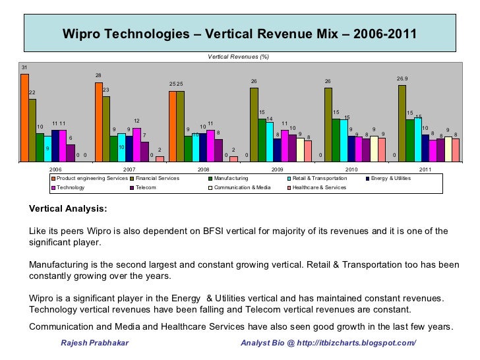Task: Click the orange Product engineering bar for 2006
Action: (x=24, y=117)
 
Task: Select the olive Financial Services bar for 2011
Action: (x=402, y=123)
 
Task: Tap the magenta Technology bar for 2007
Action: (x=136, y=144)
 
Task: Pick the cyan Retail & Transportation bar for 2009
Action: (x=270, y=141)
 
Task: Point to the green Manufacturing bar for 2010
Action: (x=336, y=140)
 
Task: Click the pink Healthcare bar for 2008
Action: (x=233, y=158)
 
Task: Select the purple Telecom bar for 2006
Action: (x=71, y=152)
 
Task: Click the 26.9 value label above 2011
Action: (x=402, y=79)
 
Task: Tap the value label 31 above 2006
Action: (x=24, y=68)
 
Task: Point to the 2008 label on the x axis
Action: (x=203, y=169)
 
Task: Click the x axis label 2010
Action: (x=351, y=169)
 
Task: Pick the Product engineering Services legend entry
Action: (x=92, y=179)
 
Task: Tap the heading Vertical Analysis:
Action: (x=67, y=209)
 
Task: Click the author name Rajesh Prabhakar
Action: (x=95, y=344)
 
